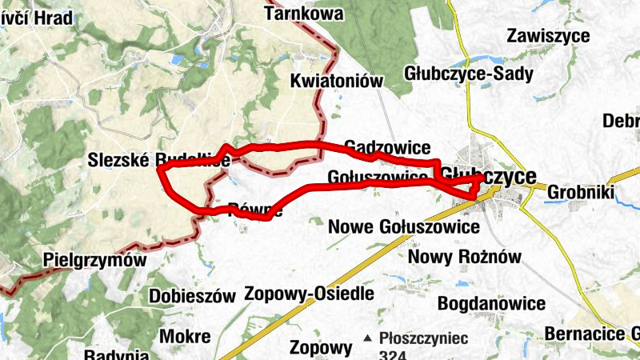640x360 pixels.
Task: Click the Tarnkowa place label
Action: (303, 14)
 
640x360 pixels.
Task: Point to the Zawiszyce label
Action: (548, 36)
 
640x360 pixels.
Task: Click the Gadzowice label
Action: (387, 147)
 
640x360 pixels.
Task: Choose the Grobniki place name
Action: (580, 192)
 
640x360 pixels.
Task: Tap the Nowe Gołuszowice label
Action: (404, 227)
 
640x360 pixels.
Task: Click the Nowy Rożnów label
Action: (464, 257)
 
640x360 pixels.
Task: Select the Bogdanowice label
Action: (491, 304)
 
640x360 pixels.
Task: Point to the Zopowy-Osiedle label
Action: (310, 293)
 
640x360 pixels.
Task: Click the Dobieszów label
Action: (192, 296)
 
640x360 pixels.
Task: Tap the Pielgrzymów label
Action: (96, 261)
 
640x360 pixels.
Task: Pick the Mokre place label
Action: (185, 336)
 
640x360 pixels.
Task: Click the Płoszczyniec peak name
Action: (424, 338)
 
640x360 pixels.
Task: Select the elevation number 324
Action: (396, 354)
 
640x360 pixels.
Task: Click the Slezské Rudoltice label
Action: (159, 161)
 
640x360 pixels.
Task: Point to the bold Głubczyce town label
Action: (489, 175)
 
